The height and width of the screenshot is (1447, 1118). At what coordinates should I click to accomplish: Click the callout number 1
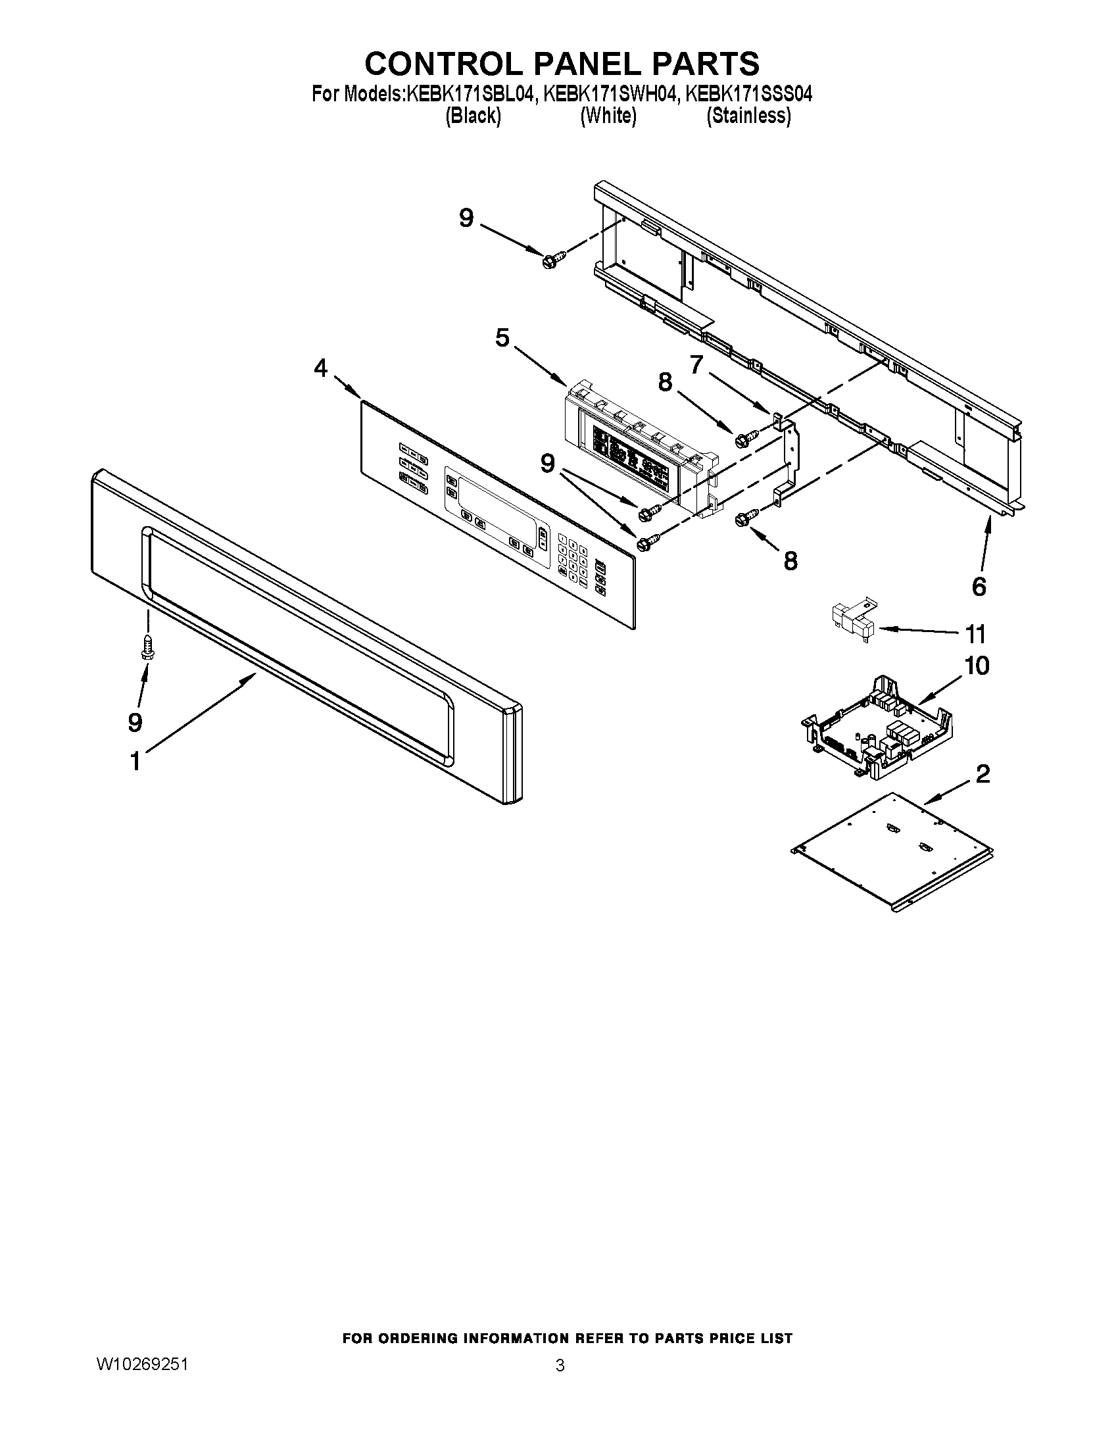[x=135, y=761]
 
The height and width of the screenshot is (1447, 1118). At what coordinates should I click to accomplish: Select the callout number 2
[x=983, y=773]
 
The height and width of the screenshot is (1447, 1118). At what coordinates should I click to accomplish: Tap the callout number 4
[x=320, y=368]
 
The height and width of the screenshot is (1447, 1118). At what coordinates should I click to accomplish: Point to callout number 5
[x=502, y=338]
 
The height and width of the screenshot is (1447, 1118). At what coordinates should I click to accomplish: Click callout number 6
[x=979, y=585]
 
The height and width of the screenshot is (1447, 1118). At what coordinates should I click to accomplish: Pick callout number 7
[x=696, y=364]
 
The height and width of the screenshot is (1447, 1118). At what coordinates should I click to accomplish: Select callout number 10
[x=977, y=665]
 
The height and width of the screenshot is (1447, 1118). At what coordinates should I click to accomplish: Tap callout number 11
[x=975, y=634]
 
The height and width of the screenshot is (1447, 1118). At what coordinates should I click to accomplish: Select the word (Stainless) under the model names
[x=748, y=116]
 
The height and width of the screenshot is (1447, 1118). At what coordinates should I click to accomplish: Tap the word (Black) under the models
[x=473, y=116]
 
